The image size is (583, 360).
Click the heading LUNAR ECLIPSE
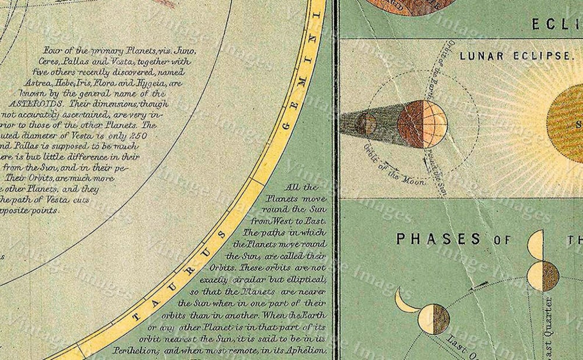click(516, 56)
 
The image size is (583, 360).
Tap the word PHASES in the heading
click(438, 239)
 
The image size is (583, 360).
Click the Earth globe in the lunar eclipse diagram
click(422, 124)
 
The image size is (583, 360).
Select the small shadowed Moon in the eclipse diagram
click(366, 124)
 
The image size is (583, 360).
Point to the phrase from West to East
click(288, 221)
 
